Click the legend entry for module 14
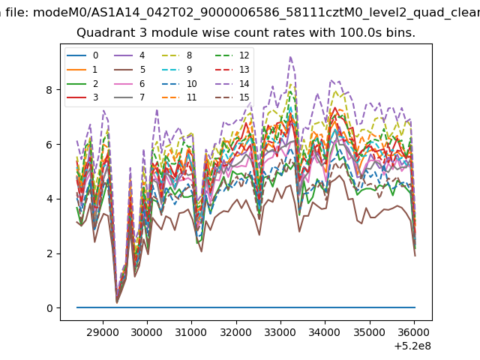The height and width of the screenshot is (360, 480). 232,83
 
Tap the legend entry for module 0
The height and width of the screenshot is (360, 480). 82,55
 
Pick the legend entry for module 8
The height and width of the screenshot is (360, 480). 177,55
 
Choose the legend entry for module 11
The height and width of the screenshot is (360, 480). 179,97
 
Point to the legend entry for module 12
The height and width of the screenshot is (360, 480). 232,55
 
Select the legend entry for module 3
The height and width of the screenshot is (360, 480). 82,97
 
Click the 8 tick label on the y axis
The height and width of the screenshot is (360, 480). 49,90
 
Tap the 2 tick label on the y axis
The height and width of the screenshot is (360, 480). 49,253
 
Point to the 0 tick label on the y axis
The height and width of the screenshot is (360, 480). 49,308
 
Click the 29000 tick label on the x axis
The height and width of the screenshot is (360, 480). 102,332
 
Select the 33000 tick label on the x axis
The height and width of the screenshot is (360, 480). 280,332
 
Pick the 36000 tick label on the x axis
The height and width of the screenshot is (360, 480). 414,332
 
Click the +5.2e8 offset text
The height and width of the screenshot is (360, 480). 412,346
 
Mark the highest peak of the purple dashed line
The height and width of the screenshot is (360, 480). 290,57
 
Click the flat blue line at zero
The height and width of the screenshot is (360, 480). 246,307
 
